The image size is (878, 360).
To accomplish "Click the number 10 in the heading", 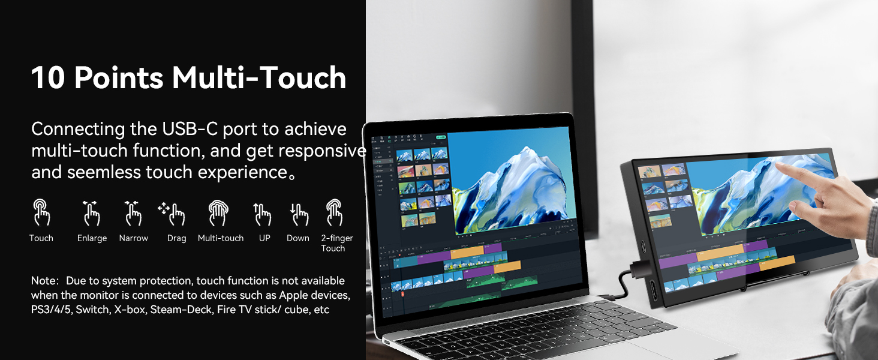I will [x=47, y=79].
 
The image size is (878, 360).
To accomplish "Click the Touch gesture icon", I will [x=41, y=213].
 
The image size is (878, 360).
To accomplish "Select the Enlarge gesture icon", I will [x=91, y=213].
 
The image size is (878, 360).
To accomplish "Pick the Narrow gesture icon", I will [x=133, y=213].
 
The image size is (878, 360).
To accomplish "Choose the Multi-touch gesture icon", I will [x=218, y=213].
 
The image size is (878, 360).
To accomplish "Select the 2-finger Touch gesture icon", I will [x=334, y=213].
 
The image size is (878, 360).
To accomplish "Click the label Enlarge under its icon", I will [x=92, y=238].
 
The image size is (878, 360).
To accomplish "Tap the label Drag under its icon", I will [x=176, y=238].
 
